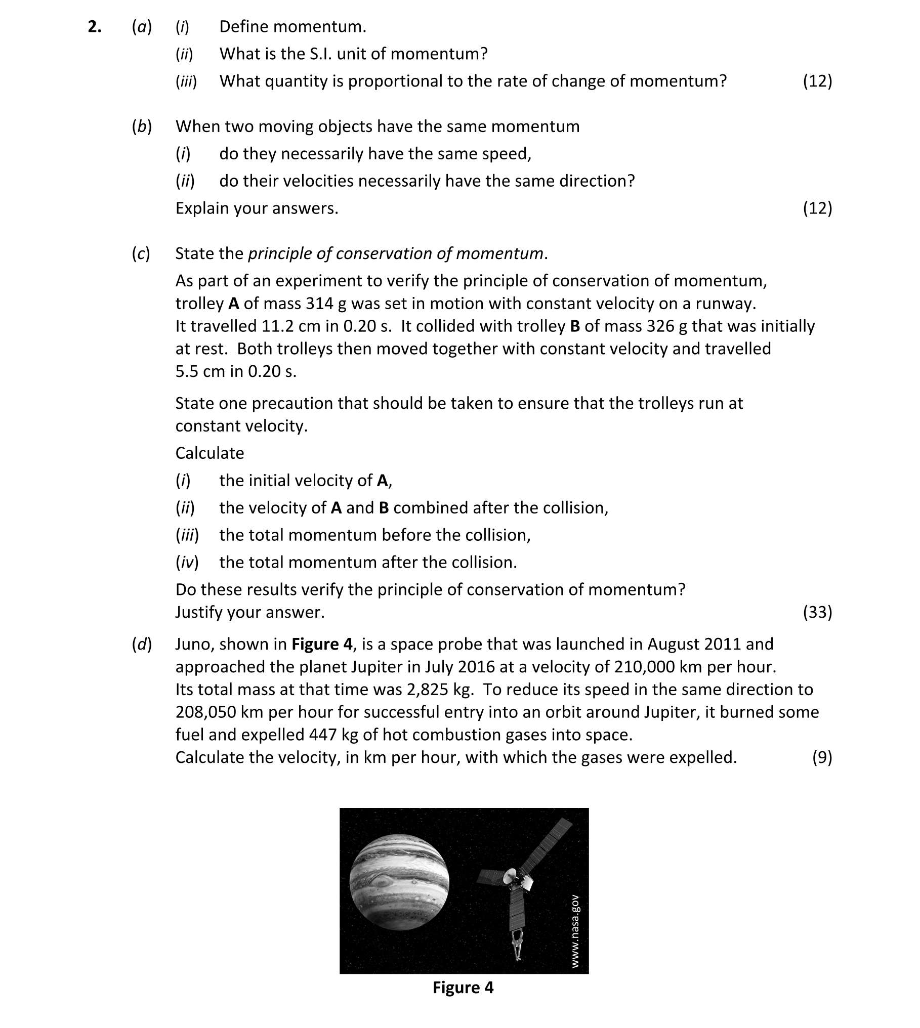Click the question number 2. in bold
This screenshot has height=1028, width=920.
(x=94, y=27)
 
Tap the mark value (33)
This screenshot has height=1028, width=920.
(x=817, y=612)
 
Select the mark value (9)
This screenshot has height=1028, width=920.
(x=821, y=757)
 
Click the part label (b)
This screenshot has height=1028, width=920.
(x=142, y=126)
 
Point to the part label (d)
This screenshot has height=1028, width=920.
(x=142, y=644)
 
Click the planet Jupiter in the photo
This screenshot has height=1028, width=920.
(x=399, y=882)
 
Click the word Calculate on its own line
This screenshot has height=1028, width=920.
(x=210, y=453)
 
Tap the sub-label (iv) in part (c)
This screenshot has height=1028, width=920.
(x=187, y=563)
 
